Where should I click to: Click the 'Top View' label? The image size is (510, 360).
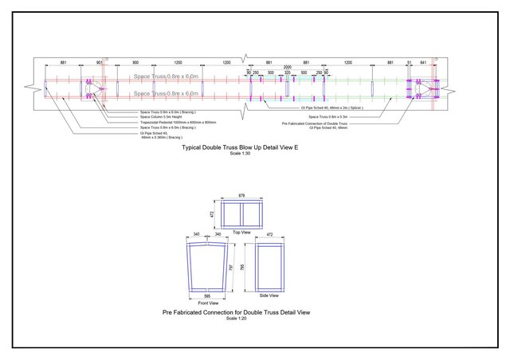[x=241, y=232]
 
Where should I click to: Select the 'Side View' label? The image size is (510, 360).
[x=269, y=295]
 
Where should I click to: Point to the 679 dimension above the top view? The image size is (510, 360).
[x=242, y=195]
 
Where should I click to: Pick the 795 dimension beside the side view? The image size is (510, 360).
[x=242, y=267]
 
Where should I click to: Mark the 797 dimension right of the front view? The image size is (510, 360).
[x=231, y=268]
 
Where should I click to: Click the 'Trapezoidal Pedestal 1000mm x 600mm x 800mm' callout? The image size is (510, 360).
[x=178, y=122]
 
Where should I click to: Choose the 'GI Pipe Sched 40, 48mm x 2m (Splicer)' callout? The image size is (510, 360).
[x=331, y=108]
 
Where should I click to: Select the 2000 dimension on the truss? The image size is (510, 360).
[x=287, y=67]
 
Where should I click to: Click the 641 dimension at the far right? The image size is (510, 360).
[x=424, y=62]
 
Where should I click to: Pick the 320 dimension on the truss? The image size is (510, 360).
[x=288, y=72]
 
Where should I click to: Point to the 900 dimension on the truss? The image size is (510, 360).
[x=135, y=62]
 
